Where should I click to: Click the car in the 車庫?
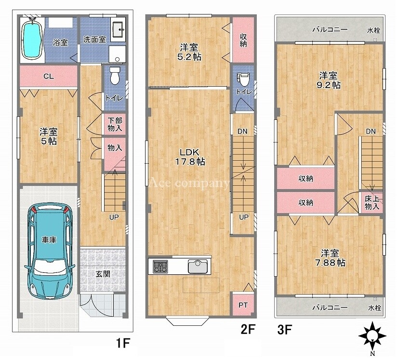coord(50,250)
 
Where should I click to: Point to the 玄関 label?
coord(103,274)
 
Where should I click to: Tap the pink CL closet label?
coord(49,76)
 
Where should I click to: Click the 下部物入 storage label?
coord(115,124)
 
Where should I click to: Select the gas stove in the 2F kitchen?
coord(160,267)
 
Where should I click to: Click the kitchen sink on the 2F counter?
coord(198,266)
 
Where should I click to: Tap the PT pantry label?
coord(243,305)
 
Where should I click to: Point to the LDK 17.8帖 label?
coord(190,157)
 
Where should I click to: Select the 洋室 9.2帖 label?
coord(329,80)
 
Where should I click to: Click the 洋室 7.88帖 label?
coord(330,258)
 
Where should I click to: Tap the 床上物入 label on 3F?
coord(372,203)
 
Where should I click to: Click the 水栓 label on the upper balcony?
coord(374,30)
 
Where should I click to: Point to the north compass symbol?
coord(372,335)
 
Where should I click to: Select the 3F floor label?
coord(285,329)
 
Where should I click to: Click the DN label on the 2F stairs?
coord(242,131)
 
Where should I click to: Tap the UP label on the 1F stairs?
coord(114,217)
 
